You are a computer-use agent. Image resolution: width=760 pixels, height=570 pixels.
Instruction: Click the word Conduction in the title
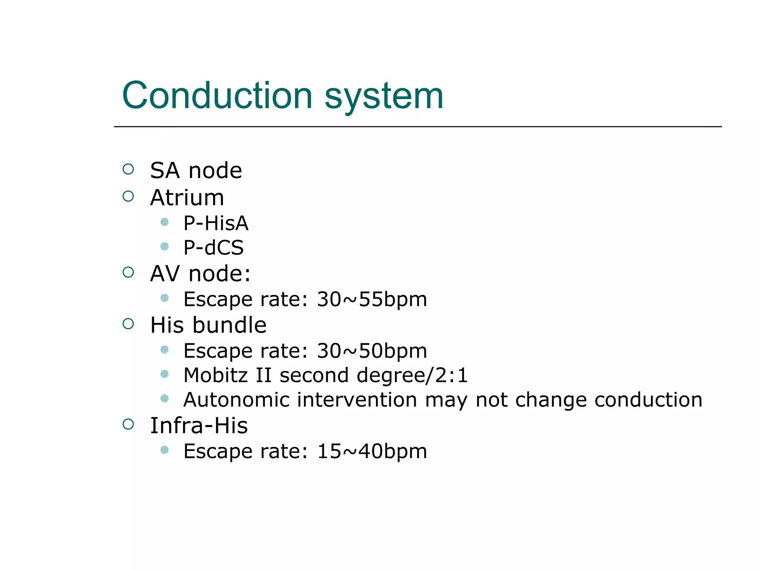pyautogui.click(x=217, y=96)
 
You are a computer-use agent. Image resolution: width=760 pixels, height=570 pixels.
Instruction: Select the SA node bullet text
pyautogui.click(x=196, y=171)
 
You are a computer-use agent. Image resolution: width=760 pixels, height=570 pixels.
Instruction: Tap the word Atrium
pyautogui.click(x=187, y=197)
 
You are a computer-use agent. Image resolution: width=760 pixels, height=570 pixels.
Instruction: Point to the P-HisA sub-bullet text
pyautogui.click(x=216, y=223)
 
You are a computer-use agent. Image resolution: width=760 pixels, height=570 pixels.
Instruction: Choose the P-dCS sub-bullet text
pyautogui.click(x=213, y=248)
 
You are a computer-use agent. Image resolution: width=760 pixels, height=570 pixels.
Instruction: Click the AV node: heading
pyautogui.click(x=200, y=274)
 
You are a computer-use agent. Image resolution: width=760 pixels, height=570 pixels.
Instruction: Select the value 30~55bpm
pyautogui.click(x=371, y=299)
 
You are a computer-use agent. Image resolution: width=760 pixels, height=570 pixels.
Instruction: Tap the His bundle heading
pyautogui.click(x=208, y=325)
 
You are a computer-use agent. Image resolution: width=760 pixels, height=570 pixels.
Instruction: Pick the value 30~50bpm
pyautogui.click(x=371, y=351)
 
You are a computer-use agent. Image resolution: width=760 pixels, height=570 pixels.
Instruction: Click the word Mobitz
pyautogui.click(x=216, y=375)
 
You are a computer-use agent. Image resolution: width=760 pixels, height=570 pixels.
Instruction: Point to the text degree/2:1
pyautogui.click(x=412, y=376)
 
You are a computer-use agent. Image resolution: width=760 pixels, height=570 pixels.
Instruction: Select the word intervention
pyautogui.click(x=357, y=400)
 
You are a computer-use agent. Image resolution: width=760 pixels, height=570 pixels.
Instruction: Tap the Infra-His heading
pyautogui.click(x=199, y=426)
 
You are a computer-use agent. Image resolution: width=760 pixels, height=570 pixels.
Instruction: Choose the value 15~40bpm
pyautogui.click(x=371, y=452)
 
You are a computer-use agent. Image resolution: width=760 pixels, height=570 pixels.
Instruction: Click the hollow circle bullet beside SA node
pyautogui.click(x=128, y=170)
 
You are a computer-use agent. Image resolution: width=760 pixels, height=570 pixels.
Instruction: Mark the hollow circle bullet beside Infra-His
pyautogui.click(x=128, y=424)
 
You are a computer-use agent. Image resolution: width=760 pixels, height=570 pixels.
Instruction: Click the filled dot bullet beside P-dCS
pyautogui.click(x=165, y=246)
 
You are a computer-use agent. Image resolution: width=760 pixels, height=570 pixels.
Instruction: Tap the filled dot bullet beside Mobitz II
pyautogui.click(x=165, y=374)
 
